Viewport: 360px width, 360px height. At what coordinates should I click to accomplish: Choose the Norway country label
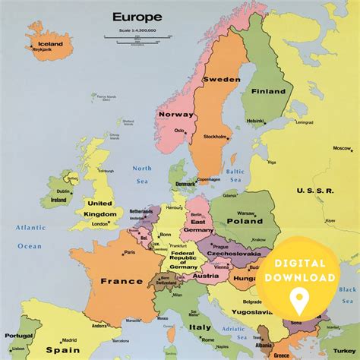177,114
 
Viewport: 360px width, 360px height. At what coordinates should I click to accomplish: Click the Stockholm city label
216,137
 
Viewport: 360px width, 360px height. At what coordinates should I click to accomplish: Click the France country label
122,281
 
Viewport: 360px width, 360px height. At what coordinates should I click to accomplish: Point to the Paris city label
130,252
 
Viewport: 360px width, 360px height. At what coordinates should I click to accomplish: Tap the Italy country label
201,327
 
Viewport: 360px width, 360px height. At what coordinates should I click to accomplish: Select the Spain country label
63,350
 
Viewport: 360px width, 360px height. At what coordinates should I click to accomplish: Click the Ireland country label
58,201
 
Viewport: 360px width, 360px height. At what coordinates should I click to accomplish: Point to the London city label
99,223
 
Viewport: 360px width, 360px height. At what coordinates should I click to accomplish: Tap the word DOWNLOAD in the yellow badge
301,277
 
